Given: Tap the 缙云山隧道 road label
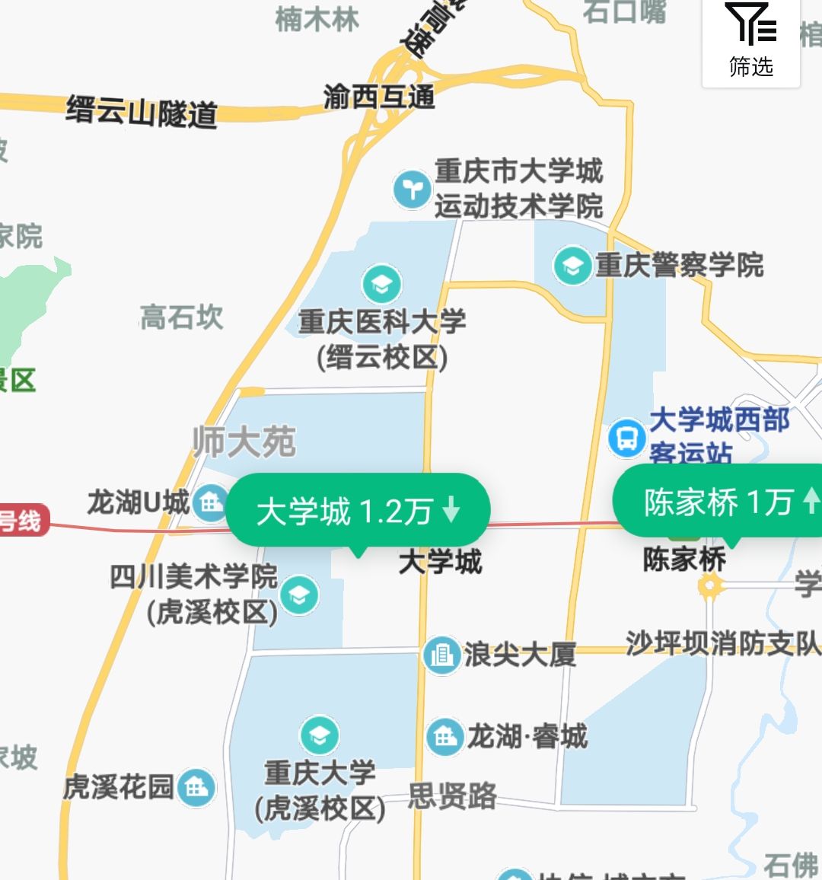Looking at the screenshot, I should (x=142, y=112).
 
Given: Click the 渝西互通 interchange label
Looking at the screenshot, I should (x=379, y=97).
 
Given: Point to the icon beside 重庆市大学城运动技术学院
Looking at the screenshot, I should (x=413, y=188).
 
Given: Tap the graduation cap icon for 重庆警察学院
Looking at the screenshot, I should (x=572, y=266).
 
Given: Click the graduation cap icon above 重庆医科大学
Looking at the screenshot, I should (x=382, y=284).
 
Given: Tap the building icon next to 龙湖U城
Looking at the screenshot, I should (x=210, y=502).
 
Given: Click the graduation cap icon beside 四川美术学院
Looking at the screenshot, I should (x=299, y=595).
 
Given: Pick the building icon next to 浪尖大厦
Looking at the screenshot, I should (x=442, y=654).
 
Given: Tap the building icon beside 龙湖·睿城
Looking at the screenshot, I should (x=444, y=736).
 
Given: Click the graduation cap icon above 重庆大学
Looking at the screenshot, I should (x=320, y=735).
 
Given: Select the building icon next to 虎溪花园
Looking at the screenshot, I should (x=196, y=787).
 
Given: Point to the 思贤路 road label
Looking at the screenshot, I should (x=452, y=796).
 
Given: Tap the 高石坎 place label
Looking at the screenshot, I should (x=182, y=317).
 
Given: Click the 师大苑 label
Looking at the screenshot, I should (x=244, y=442).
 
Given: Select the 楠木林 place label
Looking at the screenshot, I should (x=317, y=19).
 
